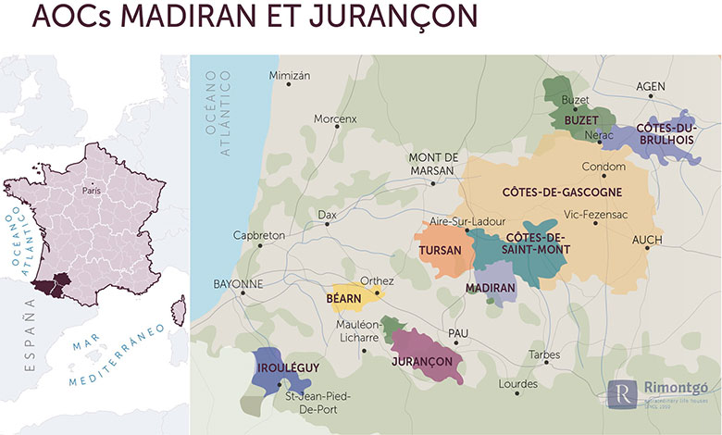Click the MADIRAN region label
pos(491,288)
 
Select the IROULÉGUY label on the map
pos(286,367)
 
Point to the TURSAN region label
pos(440,251)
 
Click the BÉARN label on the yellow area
pos(343,299)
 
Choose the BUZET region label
pos(578,120)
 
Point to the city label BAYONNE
pos(239,283)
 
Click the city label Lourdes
pos(517,382)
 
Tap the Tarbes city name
pos(544,354)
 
